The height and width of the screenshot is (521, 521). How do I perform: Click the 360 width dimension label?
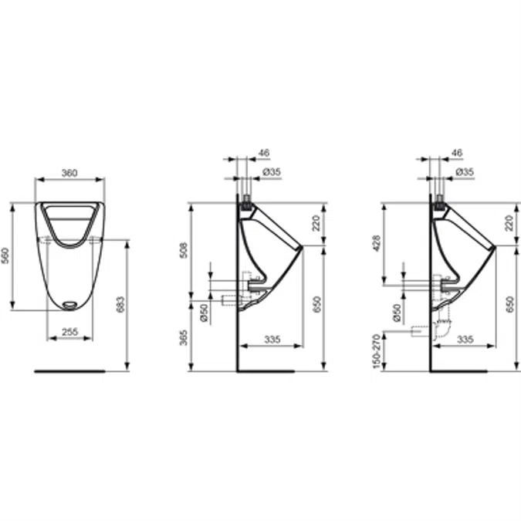[69, 173]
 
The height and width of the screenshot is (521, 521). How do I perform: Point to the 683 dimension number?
[120, 306]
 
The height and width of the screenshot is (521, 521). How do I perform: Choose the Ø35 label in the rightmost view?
[463, 172]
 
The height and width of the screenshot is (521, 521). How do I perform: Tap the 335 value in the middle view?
[271, 339]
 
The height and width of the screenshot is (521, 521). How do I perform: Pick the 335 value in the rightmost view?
[465, 339]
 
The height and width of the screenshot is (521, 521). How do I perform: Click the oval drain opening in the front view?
[69, 304]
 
